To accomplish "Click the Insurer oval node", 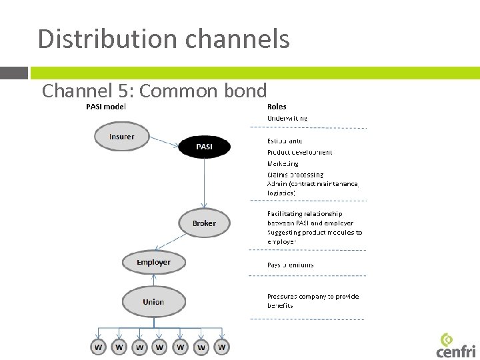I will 121,137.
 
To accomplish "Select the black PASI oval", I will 205,147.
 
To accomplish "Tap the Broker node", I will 204,223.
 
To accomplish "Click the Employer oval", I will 153,262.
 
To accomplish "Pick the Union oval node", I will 153,302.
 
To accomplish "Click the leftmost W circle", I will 99,347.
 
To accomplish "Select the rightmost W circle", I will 222,347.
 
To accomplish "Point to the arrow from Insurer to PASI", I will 164,142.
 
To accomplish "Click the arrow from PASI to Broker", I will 205,183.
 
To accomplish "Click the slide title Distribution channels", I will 163,39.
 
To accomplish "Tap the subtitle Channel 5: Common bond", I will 154,90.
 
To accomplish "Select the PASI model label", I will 107,107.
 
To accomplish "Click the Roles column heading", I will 277,107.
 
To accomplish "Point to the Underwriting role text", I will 287,118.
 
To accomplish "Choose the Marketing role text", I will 283,163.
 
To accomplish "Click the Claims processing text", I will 295,175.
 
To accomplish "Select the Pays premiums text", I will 291,265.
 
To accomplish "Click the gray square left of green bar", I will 14,73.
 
